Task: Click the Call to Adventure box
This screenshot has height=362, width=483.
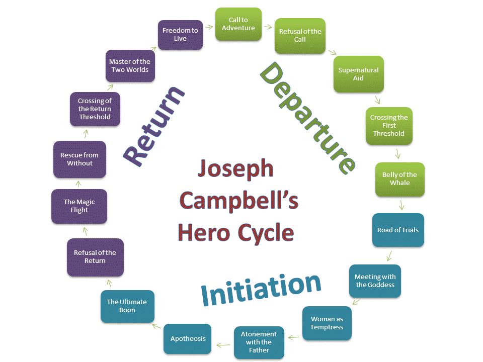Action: tap(238, 24)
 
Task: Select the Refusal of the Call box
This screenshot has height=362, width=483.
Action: tap(300, 36)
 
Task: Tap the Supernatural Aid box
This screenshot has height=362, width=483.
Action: tap(358, 74)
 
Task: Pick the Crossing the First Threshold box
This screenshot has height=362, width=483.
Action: tap(389, 126)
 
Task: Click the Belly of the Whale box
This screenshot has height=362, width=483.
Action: tap(399, 179)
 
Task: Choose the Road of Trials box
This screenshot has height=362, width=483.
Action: tap(398, 230)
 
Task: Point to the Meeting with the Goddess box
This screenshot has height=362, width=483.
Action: tap(375, 281)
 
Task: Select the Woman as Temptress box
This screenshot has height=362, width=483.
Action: tap(327, 323)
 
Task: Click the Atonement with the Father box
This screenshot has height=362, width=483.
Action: tap(259, 342)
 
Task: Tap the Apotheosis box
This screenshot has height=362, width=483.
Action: tap(188, 339)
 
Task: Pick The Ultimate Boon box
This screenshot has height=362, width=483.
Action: tap(127, 306)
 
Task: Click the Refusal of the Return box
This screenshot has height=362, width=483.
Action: tap(95, 257)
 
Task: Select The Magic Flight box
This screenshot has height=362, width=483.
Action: tap(79, 206)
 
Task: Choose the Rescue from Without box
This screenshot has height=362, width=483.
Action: tap(80, 159)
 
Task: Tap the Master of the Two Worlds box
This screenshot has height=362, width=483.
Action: tap(130, 66)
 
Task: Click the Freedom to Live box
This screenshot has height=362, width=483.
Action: tap(181, 35)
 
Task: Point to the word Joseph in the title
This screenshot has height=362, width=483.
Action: tap(235, 168)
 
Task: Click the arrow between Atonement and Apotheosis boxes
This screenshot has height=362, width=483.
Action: tap(223, 344)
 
